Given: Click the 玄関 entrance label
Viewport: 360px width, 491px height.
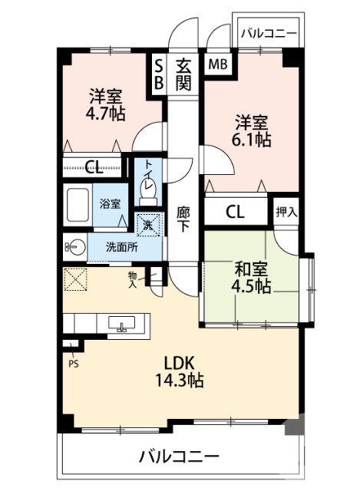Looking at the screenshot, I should click(x=183, y=74).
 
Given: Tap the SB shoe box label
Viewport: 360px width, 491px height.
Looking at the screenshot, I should click(x=159, y=74).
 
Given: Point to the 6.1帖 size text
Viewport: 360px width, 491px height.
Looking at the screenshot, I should click(x=252, y=140).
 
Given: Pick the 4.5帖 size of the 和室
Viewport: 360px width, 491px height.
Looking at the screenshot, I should click(x=252, y=286).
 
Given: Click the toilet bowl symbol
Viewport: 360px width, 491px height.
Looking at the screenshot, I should click(x=148, y=186).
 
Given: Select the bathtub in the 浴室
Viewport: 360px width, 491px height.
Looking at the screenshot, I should click(x=77, y=205).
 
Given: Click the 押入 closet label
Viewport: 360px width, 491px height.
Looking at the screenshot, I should click(x=286, y=211).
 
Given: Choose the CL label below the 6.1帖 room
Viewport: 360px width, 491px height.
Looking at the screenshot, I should click(x=236, y=212).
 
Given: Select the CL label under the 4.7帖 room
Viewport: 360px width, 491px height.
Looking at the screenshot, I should click(x=94, y=165).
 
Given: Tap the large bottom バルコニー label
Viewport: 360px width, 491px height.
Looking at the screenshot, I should click(x=179, y=457).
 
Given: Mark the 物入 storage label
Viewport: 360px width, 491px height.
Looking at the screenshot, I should click(x=133, y=278).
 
